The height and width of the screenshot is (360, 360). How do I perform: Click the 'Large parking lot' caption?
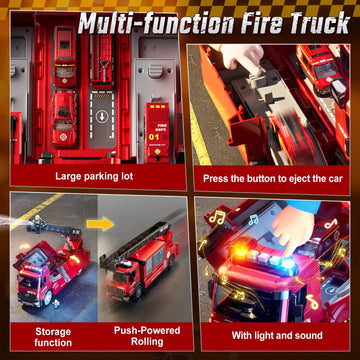click(x=94, y=177)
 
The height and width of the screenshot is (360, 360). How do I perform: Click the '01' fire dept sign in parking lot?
click(x=153, y=125)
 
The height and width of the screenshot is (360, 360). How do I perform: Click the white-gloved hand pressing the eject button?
click(x=238, y=61)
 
